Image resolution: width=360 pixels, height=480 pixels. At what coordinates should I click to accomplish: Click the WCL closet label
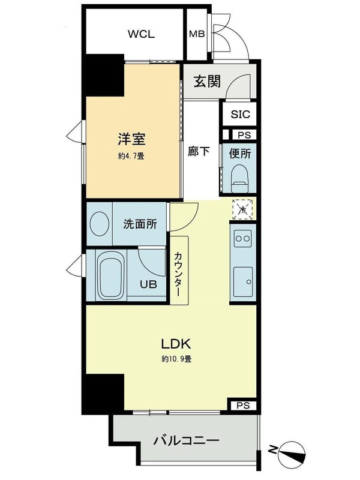tap(141, 34)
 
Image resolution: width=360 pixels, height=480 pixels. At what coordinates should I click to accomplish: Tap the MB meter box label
tap(197, 34)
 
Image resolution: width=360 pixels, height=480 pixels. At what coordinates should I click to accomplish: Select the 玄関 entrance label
tap(207, 82)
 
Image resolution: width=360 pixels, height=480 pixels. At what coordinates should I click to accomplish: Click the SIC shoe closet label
tap(241, 115)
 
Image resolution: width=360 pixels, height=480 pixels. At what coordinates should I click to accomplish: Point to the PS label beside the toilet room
tap(244, 135)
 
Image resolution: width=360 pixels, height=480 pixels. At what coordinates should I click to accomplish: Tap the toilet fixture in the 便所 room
tap(240, 179)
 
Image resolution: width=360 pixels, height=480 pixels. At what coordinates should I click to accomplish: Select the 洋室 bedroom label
tap(131, 140)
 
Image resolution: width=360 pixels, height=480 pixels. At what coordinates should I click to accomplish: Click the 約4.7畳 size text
tap(131, 156)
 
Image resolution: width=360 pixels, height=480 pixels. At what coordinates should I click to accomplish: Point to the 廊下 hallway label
tap(199, 152)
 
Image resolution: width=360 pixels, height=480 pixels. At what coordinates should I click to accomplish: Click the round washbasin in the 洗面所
tap(100, 223)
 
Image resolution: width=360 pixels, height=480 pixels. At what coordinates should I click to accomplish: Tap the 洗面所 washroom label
tap(140, 224)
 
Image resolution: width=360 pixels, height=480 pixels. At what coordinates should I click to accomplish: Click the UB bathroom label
tap(148, 284)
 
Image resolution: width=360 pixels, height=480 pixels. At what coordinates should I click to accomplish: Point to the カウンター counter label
tap(178, 274)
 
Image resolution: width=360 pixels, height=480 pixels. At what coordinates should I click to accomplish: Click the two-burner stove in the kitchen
tap(243, 238)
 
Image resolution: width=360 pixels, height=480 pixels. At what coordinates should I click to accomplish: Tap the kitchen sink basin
tap(243, 281)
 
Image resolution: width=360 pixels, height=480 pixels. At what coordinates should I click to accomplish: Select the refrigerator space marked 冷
tap(243, 209)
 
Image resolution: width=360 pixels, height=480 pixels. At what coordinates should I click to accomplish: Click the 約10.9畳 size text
tap(176, 359)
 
